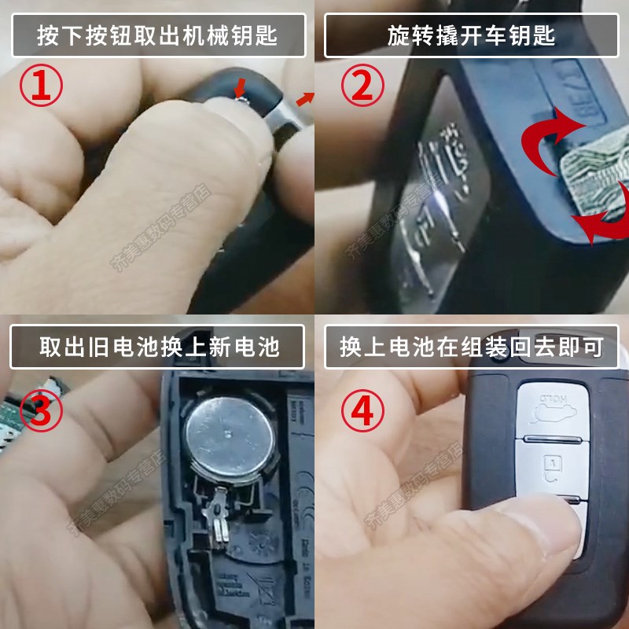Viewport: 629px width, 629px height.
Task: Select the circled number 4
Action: point(361,410)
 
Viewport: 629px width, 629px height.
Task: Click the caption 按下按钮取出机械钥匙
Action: point(156,35)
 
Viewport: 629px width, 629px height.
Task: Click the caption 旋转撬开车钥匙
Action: point(471,35)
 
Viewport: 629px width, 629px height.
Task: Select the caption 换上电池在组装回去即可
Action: point(471,347)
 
